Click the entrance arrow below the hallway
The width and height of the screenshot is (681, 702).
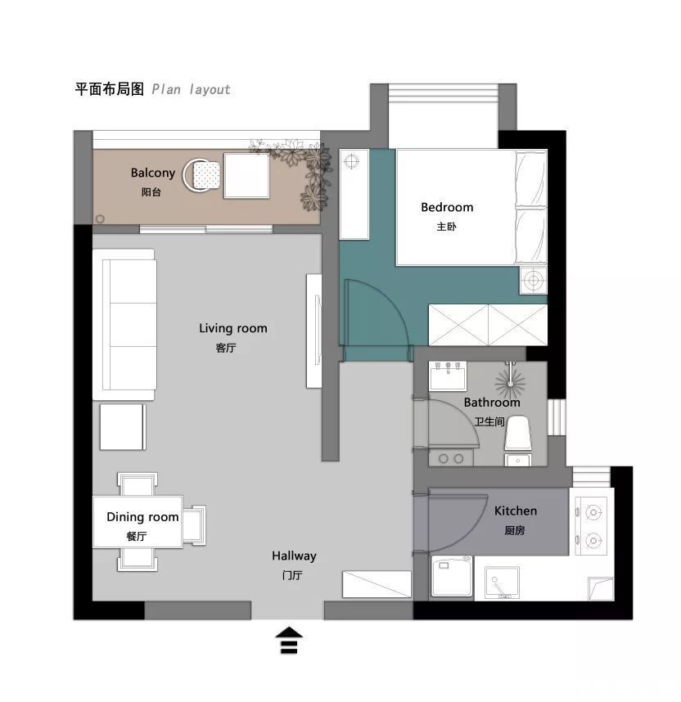pyautogui.click(x=289, y=640)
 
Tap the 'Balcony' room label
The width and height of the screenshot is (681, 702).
pyautogui.click(x=153, y=173)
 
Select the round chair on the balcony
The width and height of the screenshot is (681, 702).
pyautogui.click(x=201, y=175)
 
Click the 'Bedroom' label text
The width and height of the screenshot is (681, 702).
pyautogui.click(x=447, y=207)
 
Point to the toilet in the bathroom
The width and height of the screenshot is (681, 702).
pyautogui.click(x=518, y=433)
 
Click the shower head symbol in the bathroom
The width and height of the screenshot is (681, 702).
pyautogui.click(x=510, y=382)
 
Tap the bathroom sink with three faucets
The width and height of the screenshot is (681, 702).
pyautogui.click(x=448, y=376)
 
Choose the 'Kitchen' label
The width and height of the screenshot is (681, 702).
pyautogui.click(x=515, y=511)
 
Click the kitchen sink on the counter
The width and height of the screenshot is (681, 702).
pyautogui.click(x=503, y=583)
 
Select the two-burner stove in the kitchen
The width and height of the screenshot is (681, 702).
pyautogui.click(x=592, y=525)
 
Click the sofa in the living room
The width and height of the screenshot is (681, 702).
pyautogui.click(x=124, y=325)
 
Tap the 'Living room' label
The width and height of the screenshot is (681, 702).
pyautogui.click(x=233, y=329)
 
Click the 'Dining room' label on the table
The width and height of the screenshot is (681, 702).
pyautogui.click(x=142, y=517)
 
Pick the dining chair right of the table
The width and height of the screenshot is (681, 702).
pyautogui.click(x=195, y=525)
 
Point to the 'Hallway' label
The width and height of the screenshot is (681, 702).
pyautogui.click(x=294, y=556)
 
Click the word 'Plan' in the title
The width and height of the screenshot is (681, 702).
pyautogui.click(x=166, y=89)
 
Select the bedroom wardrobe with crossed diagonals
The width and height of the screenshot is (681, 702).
pyautogui.click(x=488, y=325)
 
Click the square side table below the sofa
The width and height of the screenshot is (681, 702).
pyautogui.click(x=123, y=426)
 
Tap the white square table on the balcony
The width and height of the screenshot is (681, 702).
pyautogui.click(x=246, y=175)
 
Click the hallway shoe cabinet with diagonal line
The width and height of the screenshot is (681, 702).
pyautogui.click(x=377, y=584)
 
